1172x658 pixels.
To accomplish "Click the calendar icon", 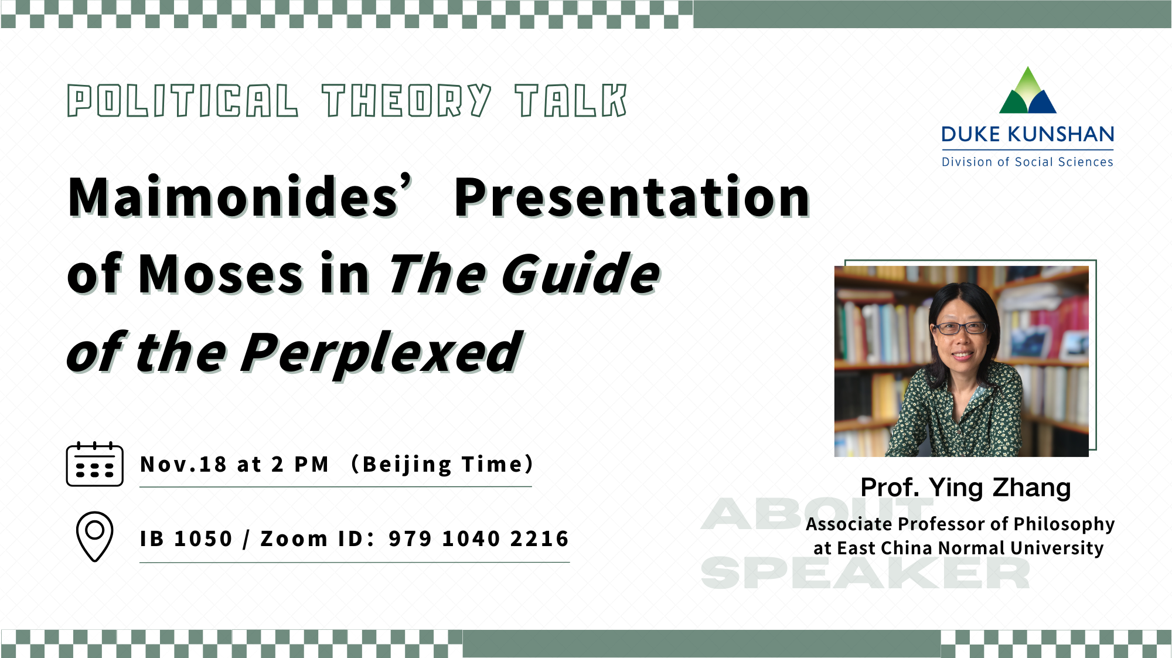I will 94,465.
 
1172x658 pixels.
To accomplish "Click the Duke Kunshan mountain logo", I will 1027,90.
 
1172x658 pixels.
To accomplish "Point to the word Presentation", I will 632,197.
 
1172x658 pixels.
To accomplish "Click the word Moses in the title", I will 220,275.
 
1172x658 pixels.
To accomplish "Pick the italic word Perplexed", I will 381,353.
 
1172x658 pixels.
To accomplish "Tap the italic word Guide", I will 580,275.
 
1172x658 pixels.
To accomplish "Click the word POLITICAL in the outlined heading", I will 182,101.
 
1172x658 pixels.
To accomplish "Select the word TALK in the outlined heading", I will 571,101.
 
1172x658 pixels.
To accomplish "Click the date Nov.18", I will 183,465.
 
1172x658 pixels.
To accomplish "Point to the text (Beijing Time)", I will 442,465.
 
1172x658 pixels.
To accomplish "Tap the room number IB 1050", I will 186,538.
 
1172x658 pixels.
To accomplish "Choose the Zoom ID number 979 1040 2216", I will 479,538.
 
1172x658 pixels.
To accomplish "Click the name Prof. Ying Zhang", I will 965,487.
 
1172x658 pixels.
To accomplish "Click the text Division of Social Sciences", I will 1027,162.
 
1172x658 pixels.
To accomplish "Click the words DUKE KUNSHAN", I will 1027,134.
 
